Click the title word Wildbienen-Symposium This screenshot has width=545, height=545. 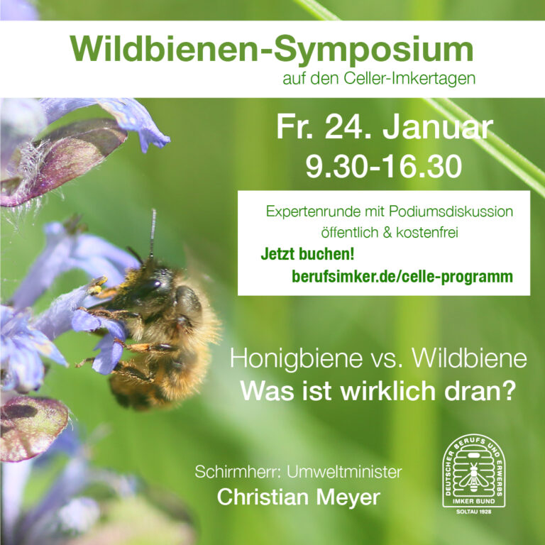272,50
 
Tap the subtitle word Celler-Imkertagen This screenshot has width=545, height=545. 409,78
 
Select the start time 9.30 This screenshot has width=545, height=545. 336,167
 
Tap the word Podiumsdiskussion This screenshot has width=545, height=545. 451,211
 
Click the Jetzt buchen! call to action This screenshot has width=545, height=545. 307,254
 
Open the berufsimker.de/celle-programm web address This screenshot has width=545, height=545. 402,277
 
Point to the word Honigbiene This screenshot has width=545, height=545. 296,358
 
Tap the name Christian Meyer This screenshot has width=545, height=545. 299,497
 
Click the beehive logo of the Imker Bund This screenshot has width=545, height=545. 474,470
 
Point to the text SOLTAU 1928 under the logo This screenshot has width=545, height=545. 474,512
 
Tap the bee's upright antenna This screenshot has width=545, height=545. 153,233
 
